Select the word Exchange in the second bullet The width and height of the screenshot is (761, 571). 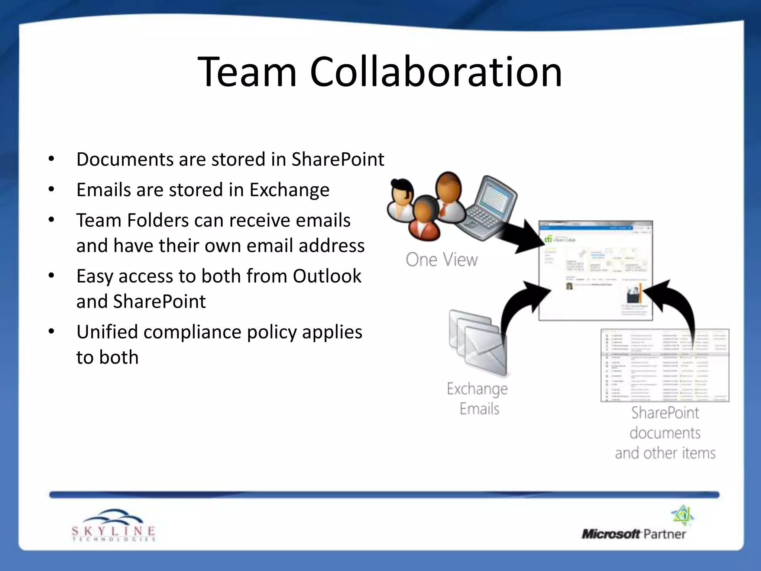point(289,190)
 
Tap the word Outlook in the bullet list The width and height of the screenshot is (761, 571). point(327,276)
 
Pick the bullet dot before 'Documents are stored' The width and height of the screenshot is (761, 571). point(51,159)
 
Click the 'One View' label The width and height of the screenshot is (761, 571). point(441,259)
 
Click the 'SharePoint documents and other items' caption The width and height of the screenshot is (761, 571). point(665,433)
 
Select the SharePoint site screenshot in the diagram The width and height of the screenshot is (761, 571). point(595,270)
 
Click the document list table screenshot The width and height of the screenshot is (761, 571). point(664,365)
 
